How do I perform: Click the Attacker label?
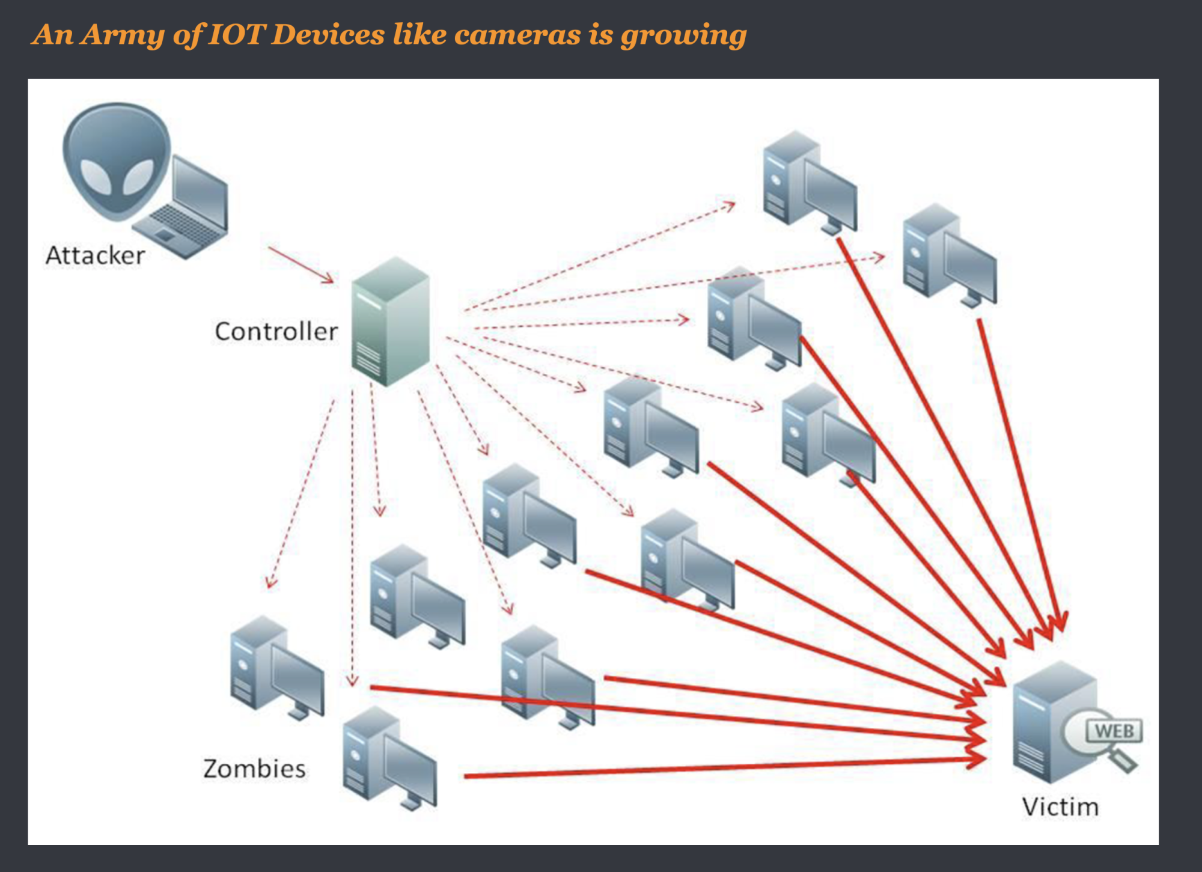[95, 255]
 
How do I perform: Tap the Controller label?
[276, 331]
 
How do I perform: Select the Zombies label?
[254, 769]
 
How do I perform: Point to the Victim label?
[1060, 806]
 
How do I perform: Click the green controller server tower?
[391, 322]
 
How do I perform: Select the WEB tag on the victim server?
[1114, 731]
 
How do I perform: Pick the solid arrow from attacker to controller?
[300, 264]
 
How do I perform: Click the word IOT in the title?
[236, 34]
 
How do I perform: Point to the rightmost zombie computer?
[950, 255]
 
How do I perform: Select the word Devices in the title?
[328, 34]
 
